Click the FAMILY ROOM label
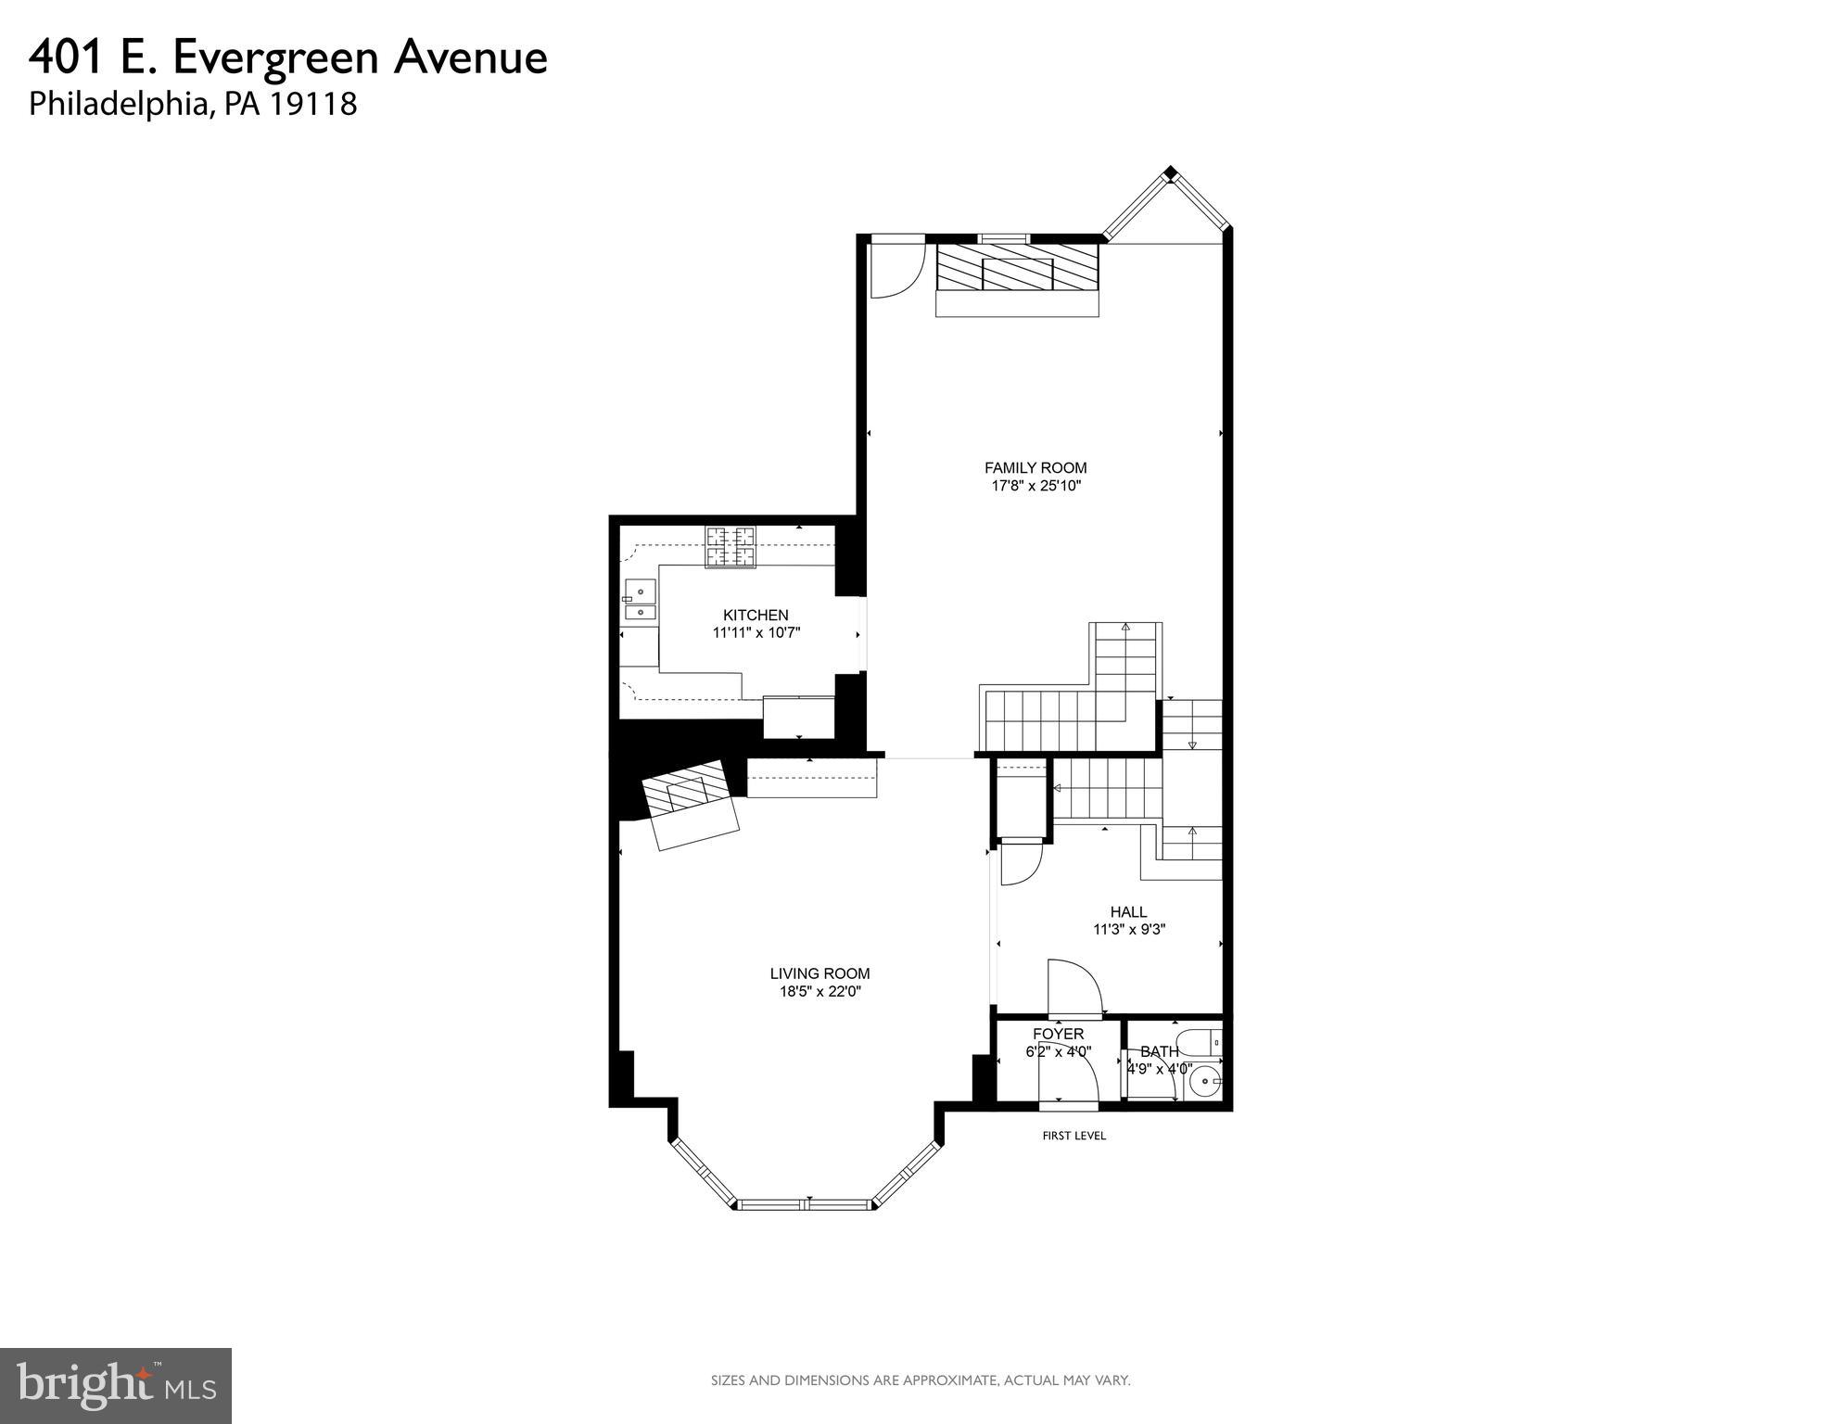click(x=1035, y=468)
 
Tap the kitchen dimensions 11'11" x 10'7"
click(x=756, y=633)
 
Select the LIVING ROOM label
click(x=819, y=973)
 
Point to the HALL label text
click(x=1128, y=912)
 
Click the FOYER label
click(x=1058, y=1034)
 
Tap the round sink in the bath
click(x=1205, y=1080)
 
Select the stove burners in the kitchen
click(x=730, y=547)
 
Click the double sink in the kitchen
click(x=639, y=600)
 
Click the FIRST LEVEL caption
click(x=1073, y=1136)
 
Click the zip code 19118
click(x=313, y=104)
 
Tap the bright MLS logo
click(x=115, y=1386)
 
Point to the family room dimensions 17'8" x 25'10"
click(x=1035, y=486)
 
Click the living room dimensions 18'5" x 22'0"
click(x=819, y=991)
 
